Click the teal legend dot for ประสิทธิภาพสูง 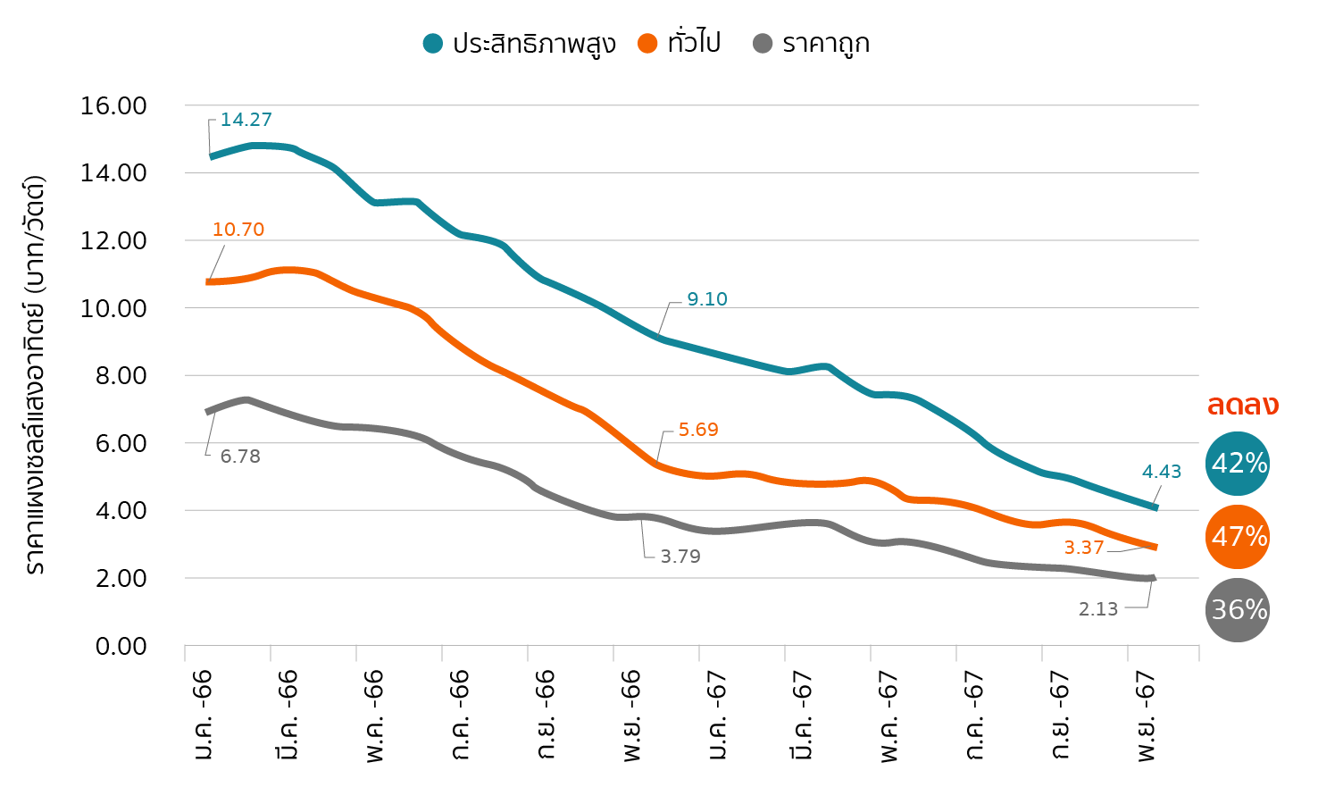(433, 44)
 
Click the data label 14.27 (246, 120)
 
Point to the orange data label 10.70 (238, 230)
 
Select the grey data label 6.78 (240, 456)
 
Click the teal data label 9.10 (707, 299)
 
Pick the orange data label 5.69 (698, 430)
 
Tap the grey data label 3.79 (680, 557)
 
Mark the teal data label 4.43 (1162, 472)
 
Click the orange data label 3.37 (1084, 548)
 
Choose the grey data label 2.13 (1098, 609)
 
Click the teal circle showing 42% (1238, 464)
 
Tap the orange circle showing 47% (1238, 537)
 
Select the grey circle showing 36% (1238, 610)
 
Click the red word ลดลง (1243, 405)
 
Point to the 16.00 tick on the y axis (113, 106)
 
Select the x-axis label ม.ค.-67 (716, 715)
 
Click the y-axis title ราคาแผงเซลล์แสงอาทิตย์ (35, 375)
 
